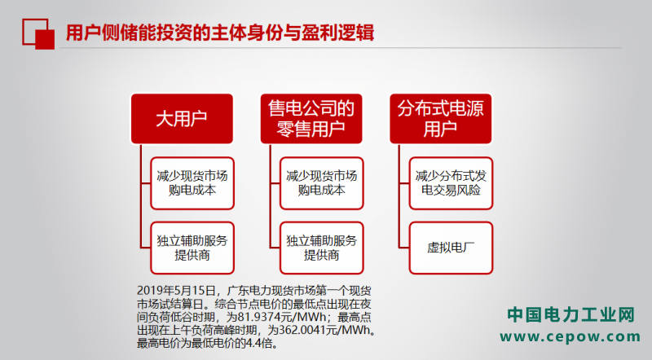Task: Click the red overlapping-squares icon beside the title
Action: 38,34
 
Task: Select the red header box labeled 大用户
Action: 182,119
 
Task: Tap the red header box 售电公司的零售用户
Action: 311,119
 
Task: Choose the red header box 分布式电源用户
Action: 440,119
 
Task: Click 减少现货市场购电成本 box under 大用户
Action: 192,183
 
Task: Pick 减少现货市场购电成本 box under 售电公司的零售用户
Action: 321,183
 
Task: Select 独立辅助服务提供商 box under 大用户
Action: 192,248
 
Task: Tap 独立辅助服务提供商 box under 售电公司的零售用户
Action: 321,248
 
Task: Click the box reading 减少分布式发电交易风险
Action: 451,183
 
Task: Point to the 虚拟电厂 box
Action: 451,248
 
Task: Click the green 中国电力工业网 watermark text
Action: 570,314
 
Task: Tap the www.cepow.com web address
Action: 570,336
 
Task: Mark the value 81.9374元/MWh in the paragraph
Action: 282,317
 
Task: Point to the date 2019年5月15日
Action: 176,291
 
